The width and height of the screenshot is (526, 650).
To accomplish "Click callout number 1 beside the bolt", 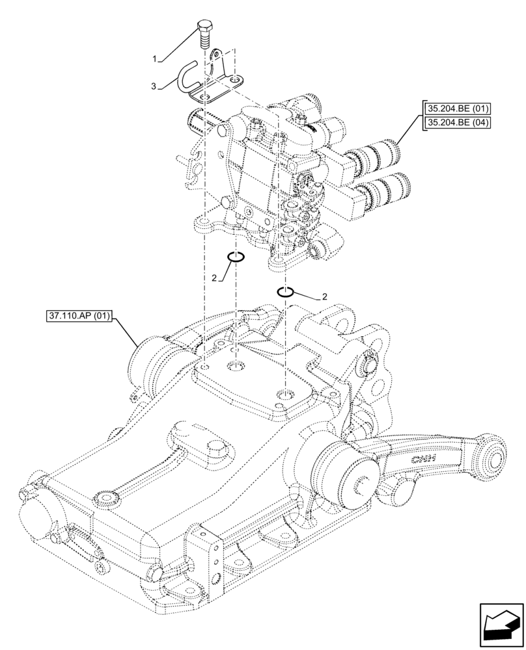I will point(154,59).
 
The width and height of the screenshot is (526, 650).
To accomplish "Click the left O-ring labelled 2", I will point(236,257).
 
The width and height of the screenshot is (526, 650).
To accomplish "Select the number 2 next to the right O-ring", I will point(324,297).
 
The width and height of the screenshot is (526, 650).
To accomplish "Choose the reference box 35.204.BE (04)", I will point(458,122).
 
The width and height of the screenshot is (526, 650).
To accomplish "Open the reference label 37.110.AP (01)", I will point(80,317).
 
